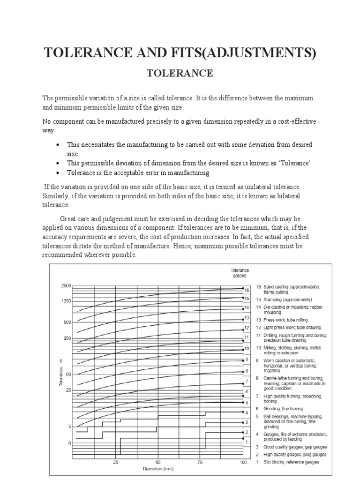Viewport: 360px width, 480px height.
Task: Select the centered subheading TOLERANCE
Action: pyautogui.click(x=180, y=73)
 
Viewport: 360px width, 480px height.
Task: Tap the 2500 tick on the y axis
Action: pyautogui.click(x=65, y=286)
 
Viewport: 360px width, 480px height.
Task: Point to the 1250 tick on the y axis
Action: pyautogui.click(x=65, y=301)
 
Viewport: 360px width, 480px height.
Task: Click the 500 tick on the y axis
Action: pyautogui.click(x=67, y=322)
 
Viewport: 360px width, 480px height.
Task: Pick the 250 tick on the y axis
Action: pyautogui.click(x=67, y=338)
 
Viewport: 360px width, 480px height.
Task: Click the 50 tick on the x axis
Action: pyautogui.click(x=159, y=462)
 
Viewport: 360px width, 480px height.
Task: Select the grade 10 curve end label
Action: pyautogui.click(x=247, y=349)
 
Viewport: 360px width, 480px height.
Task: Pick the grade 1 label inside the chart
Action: pyautogui.click(x=247, y=442)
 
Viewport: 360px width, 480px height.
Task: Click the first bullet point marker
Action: pyautogui.click(x=57, y=144)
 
